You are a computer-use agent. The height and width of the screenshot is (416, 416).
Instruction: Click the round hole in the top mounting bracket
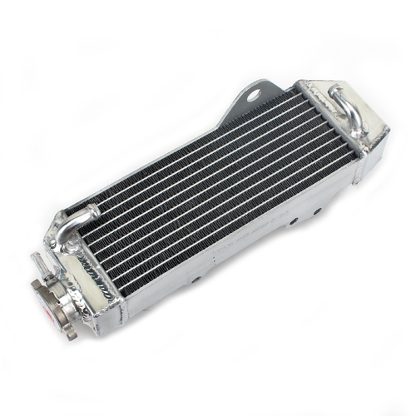[252, 97]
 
